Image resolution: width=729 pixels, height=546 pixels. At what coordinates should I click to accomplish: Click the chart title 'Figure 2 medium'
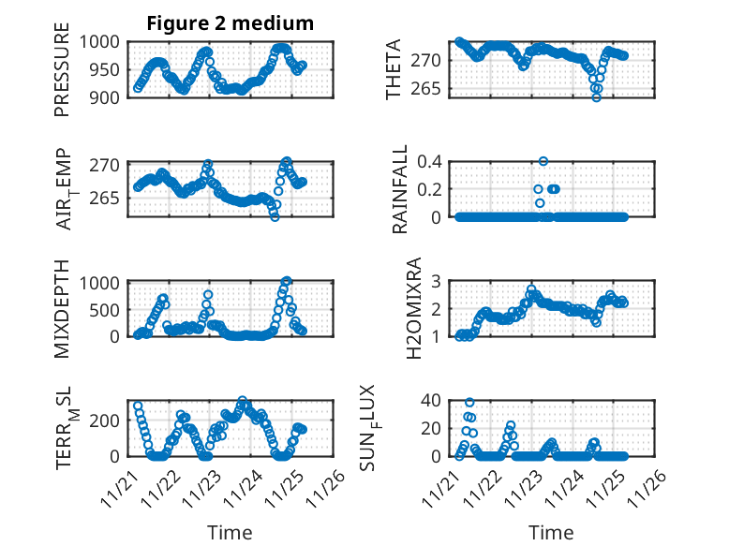point(230,23)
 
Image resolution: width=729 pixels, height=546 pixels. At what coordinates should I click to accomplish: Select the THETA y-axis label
point(393,69)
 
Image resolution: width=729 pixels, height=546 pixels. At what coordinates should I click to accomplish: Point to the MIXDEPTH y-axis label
point(62,309)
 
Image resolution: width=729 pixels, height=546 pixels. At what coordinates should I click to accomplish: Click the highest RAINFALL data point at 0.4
point(543,161)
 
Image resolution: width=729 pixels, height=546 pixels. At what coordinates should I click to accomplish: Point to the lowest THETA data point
point(596,97)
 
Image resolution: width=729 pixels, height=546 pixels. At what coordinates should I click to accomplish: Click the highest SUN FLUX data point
point(469,403)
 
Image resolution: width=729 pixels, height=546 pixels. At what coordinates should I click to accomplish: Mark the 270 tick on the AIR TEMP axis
point(108,165)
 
